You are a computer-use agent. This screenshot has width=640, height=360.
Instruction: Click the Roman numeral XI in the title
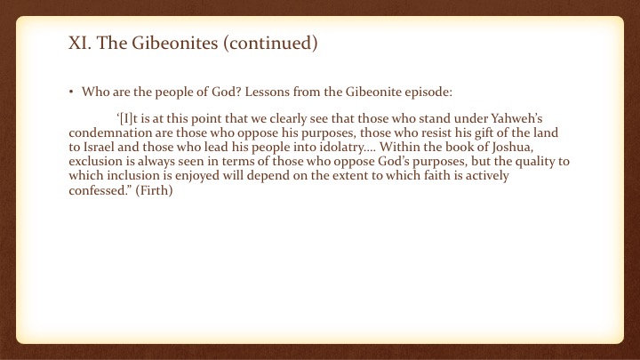tap(80, 43)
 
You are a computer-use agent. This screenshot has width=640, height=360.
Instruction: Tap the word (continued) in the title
tap(270, 43)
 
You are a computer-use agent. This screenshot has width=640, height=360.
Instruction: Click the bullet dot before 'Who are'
tap(71, 92)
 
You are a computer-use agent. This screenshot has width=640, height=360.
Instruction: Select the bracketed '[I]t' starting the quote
tap(127, 119)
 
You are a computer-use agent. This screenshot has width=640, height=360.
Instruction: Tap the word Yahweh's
tap(516, 118)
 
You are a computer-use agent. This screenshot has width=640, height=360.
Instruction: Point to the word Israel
tap(99, 147)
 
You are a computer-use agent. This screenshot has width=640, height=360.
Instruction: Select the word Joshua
tap(512, 148)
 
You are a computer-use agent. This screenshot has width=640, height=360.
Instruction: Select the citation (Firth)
tap(154, 190)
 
